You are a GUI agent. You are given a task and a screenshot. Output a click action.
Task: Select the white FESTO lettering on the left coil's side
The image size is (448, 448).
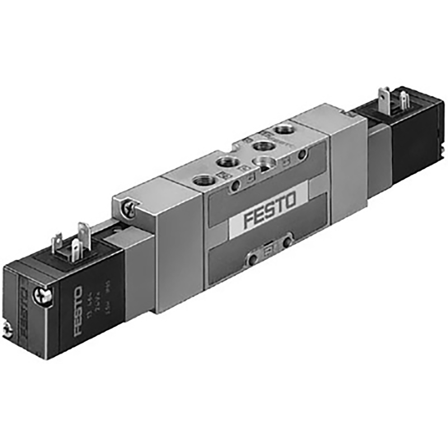(78, 312)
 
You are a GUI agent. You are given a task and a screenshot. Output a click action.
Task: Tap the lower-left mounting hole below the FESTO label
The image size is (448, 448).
(253, 259)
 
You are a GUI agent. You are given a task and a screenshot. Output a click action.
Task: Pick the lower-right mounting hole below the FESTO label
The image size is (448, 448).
(287, 242)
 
